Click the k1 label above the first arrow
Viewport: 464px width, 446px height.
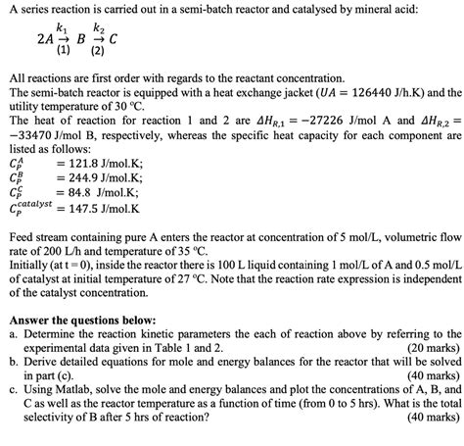point(63,31)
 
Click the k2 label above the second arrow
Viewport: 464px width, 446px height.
point(100,31)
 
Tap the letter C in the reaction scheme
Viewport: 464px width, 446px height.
point(116,42)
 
